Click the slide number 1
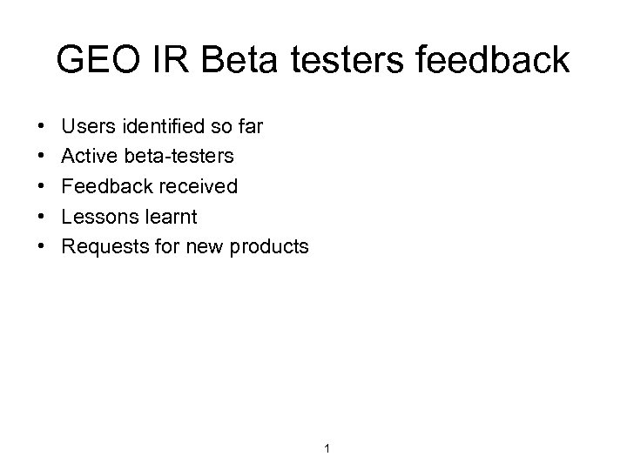(325, 449)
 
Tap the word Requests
(104, 246)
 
